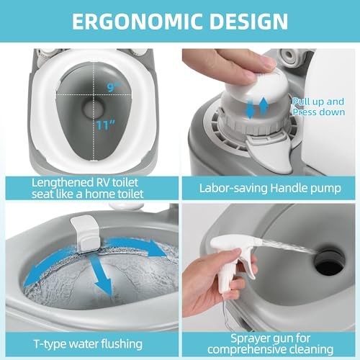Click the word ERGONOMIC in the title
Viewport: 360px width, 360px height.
tap(137, 21)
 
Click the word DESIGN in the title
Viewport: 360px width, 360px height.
tap(248, 21)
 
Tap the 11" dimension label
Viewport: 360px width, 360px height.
tap(106, 125)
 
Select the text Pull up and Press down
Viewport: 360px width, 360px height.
tap(319, 107)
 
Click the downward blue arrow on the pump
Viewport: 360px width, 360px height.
tap(250, 108)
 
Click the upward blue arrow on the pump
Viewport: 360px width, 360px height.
tap(264, 106)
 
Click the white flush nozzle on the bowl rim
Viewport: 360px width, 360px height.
tap(86, 233)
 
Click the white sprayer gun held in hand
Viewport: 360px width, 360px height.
tap(232, 259)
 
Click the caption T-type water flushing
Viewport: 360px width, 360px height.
tap(88, 344)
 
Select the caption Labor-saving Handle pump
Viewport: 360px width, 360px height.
tap(270, 188)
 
